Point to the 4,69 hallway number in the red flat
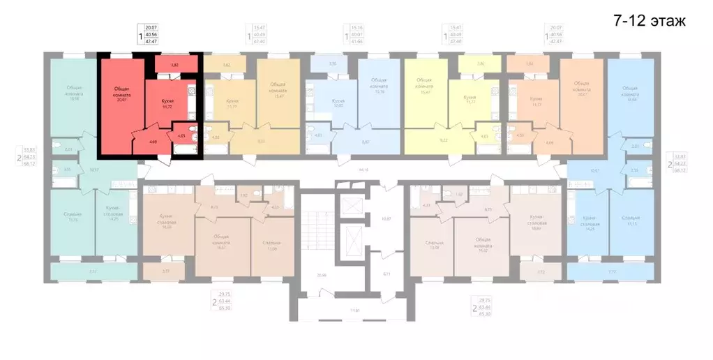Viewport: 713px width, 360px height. [153, 142]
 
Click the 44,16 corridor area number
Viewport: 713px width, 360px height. [362, 170]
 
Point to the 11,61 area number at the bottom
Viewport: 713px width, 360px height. [355, 310]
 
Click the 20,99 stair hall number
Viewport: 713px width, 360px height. [320, 275]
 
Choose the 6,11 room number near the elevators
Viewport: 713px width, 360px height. [387, 274]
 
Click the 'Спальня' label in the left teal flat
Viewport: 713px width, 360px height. [73, 216]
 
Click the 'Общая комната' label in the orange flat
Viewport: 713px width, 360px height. [580, 91]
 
